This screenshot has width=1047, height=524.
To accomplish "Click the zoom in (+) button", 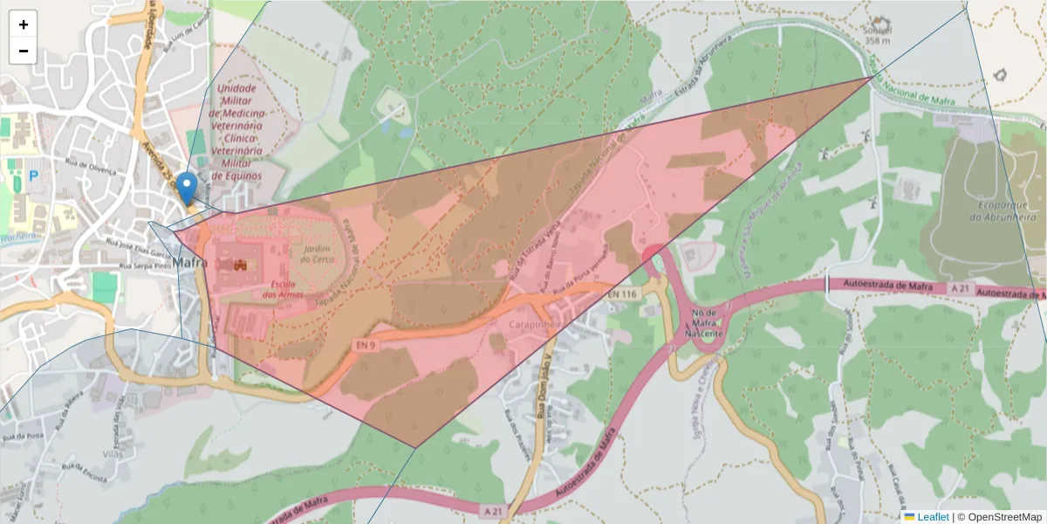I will click(24, 24).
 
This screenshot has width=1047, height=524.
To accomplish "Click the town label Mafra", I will click(190, 262).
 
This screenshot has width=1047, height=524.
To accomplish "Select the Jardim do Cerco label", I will click(316, 254).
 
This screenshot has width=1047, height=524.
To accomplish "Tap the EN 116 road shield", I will click(624, 294).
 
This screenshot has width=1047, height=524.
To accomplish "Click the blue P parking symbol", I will click(34, 176).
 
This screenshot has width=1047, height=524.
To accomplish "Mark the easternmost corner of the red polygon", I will click(873, 77).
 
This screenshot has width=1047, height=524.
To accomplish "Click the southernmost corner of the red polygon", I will click(414, 448).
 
